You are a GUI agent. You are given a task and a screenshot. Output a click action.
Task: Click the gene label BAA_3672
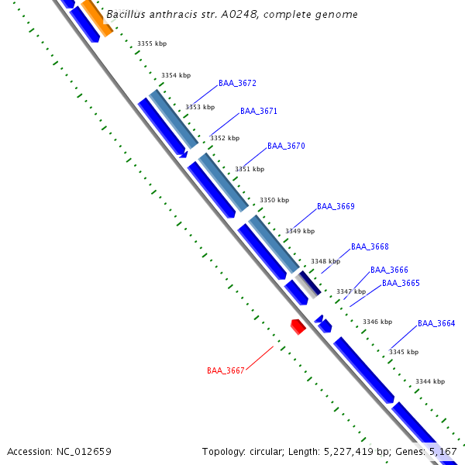click(237, 83)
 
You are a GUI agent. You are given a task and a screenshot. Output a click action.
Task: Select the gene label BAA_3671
click(259, 111)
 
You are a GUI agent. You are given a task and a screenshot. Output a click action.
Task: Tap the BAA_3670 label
click(286, 146)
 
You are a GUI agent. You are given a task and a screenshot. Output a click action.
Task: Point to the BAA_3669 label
click(336, 206)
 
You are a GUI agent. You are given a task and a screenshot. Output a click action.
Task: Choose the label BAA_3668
click(370, 246)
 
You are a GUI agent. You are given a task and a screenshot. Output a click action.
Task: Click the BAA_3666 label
click(389, 270)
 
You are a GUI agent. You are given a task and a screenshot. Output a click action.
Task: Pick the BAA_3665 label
click(401, 283)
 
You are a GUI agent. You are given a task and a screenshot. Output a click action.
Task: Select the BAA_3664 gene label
click(436, 323)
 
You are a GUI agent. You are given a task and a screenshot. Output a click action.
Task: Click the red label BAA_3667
click(226, 370)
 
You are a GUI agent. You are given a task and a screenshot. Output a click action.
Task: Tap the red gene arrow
click(298, 326)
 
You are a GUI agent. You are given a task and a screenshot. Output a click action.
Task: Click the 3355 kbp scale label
click(152, 44)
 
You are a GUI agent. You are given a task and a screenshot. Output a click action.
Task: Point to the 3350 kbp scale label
click(274, 200)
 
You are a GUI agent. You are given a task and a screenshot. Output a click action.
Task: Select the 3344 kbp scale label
click(430, 381)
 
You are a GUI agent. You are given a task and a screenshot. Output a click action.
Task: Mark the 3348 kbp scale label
click(325, 262)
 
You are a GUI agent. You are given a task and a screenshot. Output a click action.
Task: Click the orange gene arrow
click(97, 16)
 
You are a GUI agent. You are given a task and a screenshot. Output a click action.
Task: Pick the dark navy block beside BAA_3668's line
click(310, 284)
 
